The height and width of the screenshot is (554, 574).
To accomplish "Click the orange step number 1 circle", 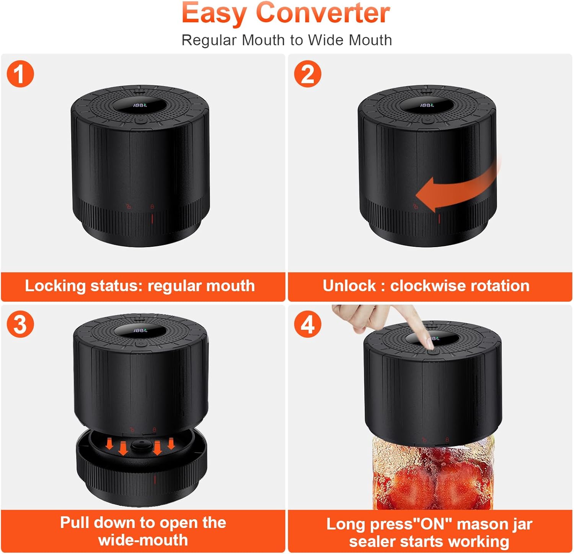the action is pos(20,74).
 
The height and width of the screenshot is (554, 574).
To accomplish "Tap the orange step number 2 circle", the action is pos(308,74).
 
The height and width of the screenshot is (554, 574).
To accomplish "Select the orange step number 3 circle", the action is pos(20,324).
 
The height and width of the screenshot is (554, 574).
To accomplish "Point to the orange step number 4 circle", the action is pos(308,324).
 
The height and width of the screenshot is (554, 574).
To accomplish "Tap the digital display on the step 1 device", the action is pos(140,105).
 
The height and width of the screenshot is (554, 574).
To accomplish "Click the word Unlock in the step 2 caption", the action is pos(349,286).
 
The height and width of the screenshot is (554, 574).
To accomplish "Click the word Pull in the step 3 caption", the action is pos(75,523).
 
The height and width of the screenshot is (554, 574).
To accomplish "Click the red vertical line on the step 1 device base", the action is pos(152,219).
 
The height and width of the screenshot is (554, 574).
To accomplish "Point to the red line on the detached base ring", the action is pos(155,480).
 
